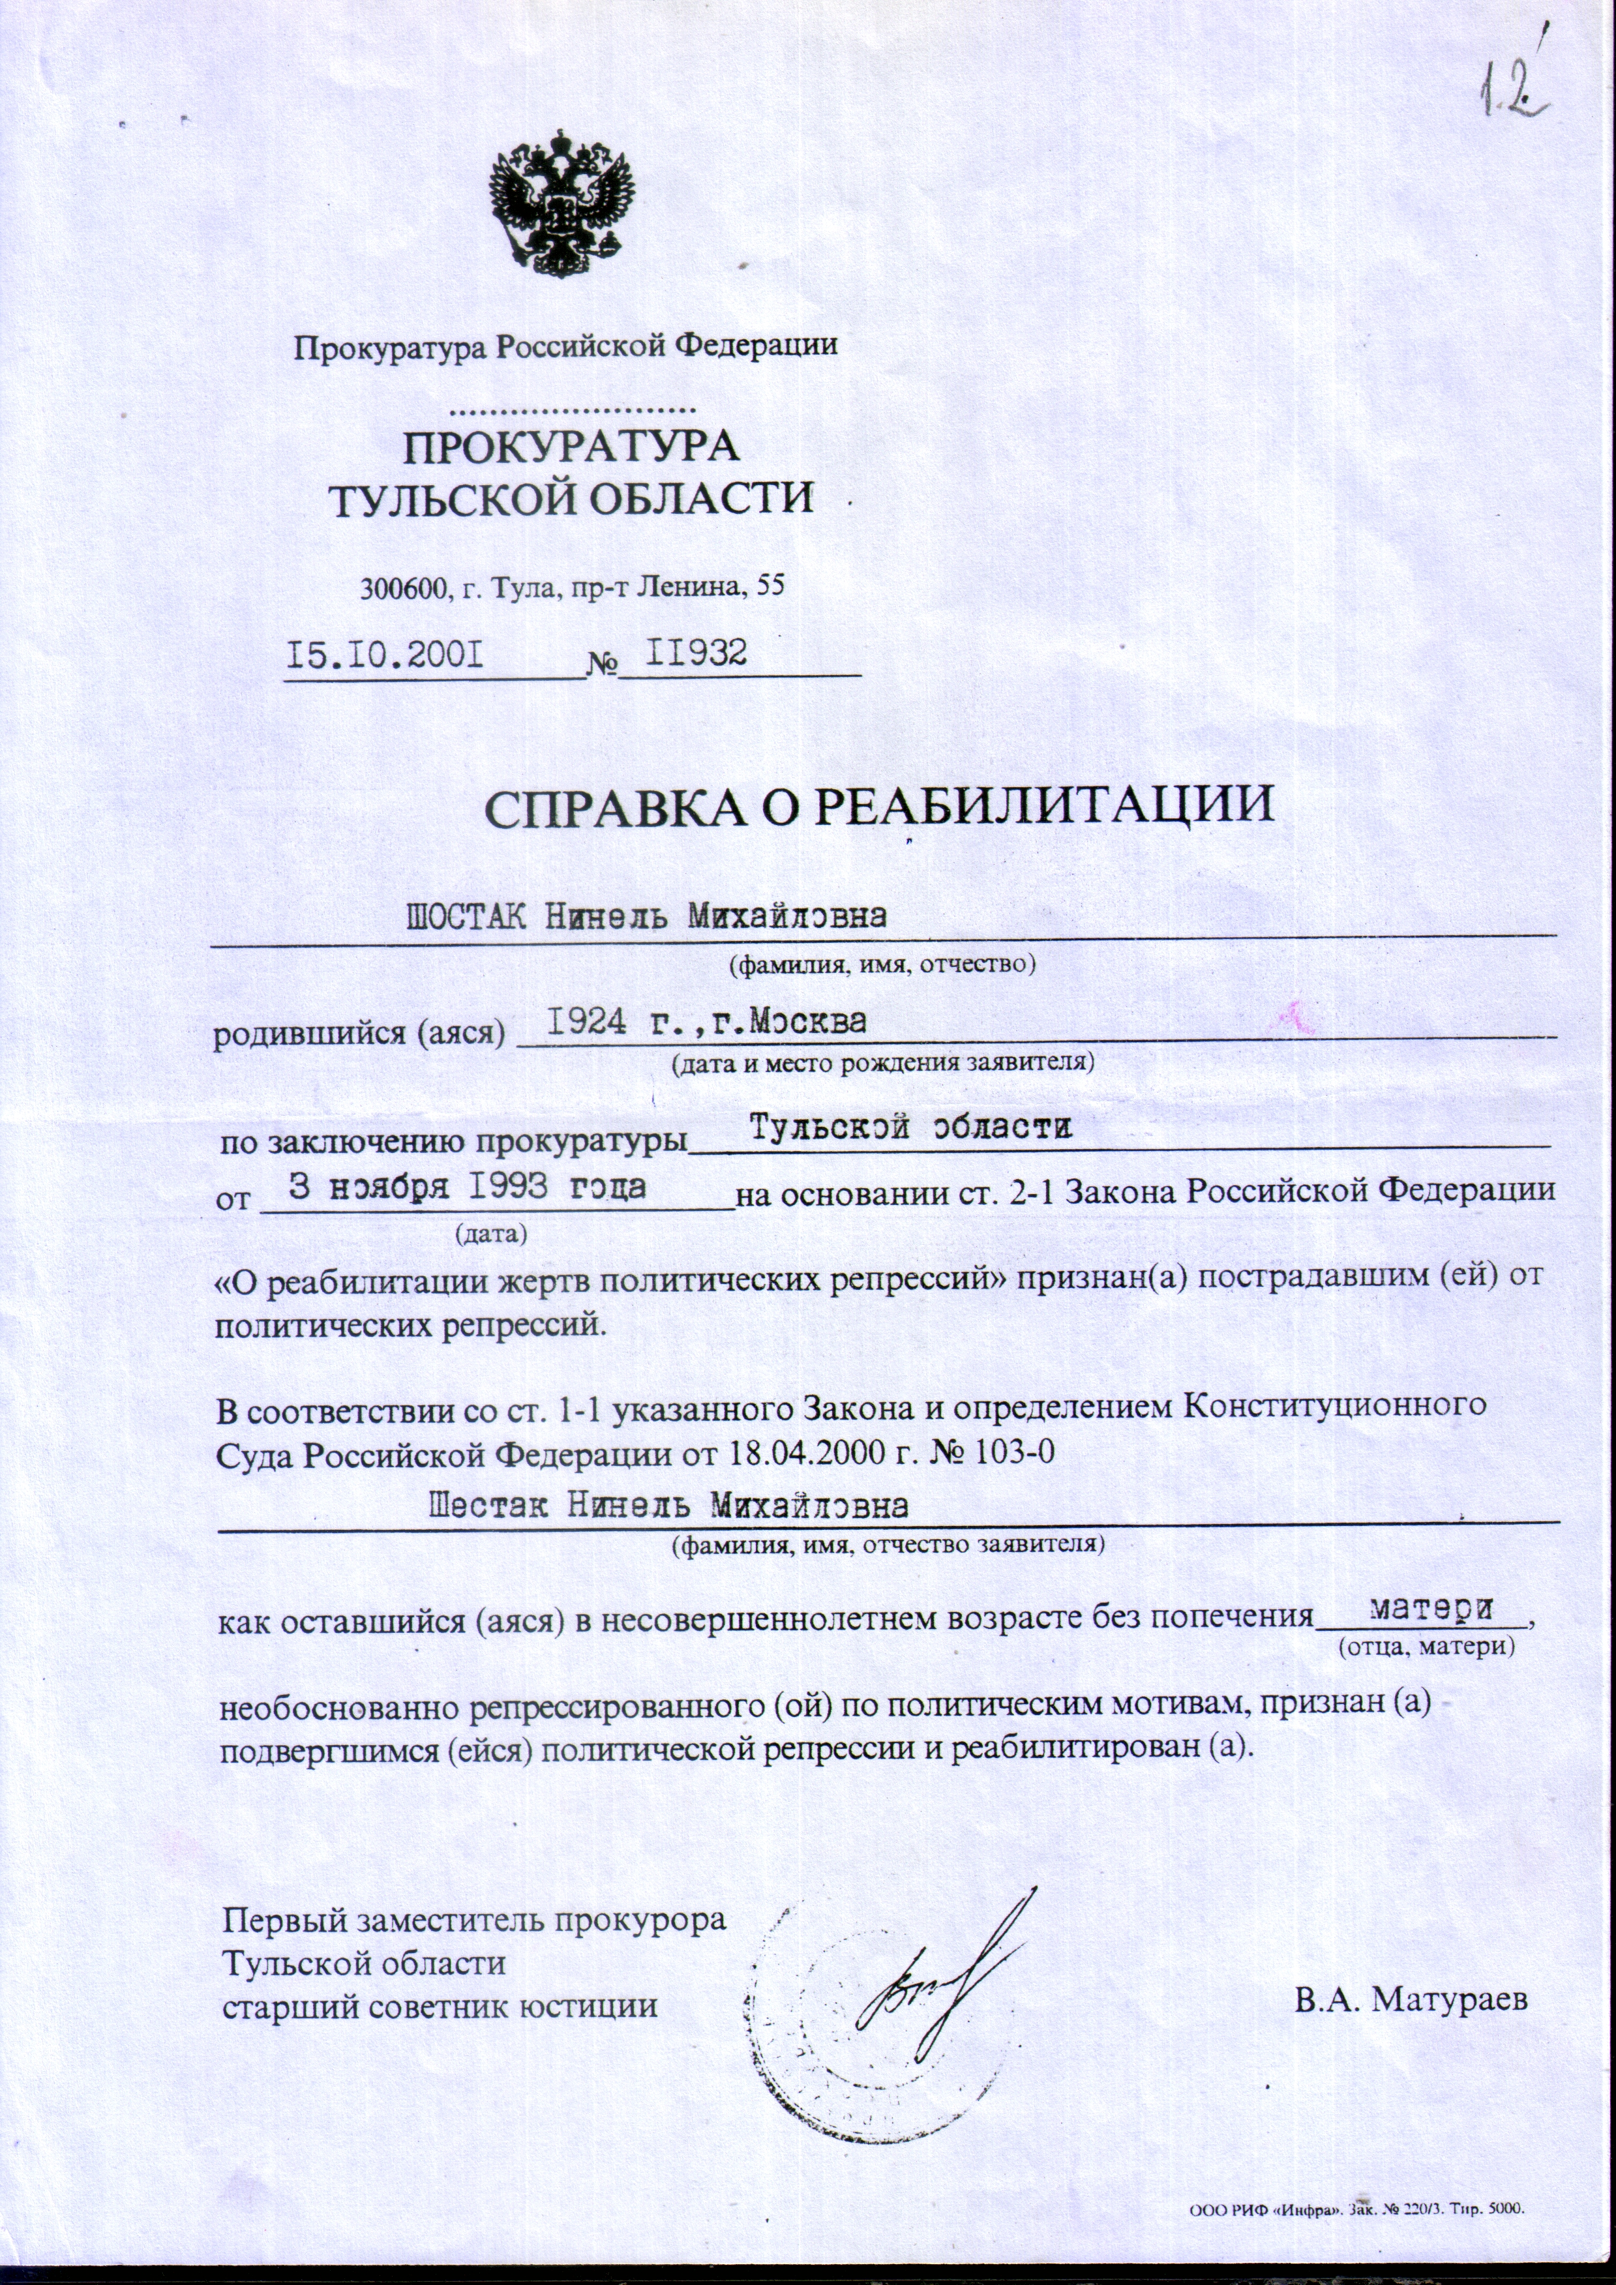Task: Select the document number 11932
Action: tap(696, 652)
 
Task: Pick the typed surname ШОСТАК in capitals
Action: tap(467, 917)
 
